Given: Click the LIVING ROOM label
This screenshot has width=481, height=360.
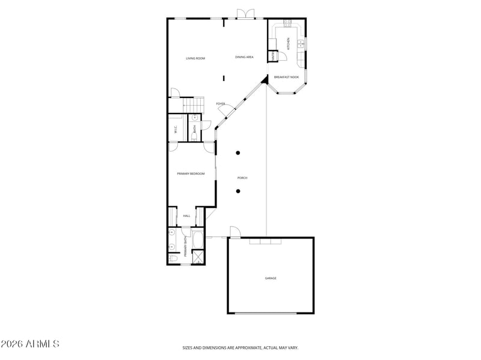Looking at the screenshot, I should coord(195,58).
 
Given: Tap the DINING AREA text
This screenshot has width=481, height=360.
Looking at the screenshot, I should coord(244,57).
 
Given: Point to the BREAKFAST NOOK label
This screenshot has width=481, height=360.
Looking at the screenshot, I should coord(286,77).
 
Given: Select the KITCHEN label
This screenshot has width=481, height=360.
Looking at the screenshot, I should coord(288,43).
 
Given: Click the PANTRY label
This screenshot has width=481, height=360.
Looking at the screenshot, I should coord(272,56).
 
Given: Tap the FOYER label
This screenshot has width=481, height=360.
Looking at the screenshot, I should coord(221,104).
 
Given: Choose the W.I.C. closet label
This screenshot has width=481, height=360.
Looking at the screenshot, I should coord(175,128).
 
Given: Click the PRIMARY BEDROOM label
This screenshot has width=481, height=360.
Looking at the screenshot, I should coord(191,174).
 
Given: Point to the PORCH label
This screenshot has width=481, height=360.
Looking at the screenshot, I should coord(242,178).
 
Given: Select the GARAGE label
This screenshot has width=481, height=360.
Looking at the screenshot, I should coord(271,278).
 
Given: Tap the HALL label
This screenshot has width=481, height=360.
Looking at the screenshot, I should coord(186,216).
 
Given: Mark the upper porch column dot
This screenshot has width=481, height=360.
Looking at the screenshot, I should coord(239,153).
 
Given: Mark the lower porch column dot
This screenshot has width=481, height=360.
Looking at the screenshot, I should coord(239,192).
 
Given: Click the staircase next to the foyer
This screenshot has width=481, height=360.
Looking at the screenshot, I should coord(193,105).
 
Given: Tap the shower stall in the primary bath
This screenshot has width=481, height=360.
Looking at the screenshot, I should coord(198,255).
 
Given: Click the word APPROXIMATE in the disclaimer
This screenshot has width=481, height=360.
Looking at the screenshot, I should coord(244,347).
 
